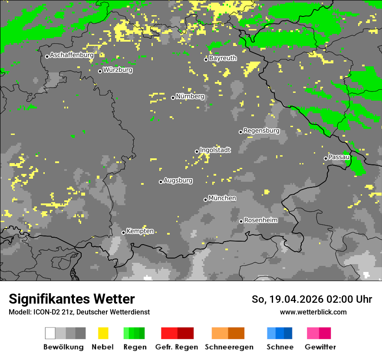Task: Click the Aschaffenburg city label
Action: (72, 55)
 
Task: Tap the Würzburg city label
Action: (118, 70)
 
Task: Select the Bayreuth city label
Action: (223, 58)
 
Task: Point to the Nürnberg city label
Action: (190, 96)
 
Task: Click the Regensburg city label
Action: (261, 131)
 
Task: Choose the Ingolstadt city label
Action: (215, 150)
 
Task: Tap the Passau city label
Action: (339, 157)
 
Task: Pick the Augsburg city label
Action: (178, 180)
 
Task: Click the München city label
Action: (222, 198)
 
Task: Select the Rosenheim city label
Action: (260, 220)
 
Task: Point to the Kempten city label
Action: (140, 231)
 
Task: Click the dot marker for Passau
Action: (326, 158)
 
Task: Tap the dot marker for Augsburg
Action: (161, 182)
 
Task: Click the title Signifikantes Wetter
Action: (72, 299)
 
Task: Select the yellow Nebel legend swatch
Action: (103, 333)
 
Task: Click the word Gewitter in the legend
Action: (320, 347)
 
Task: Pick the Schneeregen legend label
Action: (229, 347)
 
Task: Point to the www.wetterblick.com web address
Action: (313, 312)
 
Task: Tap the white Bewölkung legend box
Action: (50, 333)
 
